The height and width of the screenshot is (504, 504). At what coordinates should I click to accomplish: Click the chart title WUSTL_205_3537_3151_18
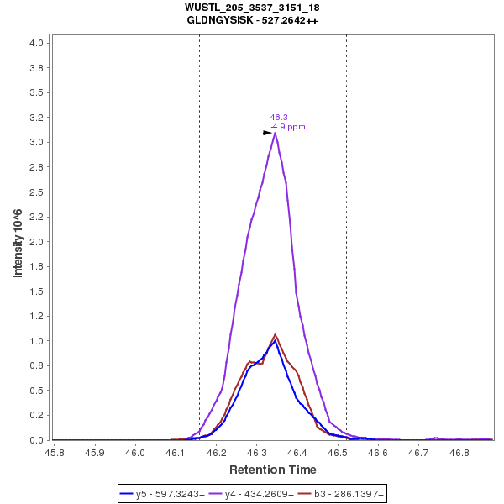(252, 8)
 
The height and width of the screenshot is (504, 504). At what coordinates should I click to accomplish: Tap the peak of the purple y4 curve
(275, 133)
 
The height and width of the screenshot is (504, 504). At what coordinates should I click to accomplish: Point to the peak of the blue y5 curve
(275, 341)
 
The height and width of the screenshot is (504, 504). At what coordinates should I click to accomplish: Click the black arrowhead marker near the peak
(267, 133)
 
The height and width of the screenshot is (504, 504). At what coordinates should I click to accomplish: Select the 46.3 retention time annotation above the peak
(279, 118)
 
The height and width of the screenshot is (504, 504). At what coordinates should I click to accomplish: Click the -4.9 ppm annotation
(288, 127)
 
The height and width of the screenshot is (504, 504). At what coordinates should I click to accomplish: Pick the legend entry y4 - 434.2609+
(256, 495)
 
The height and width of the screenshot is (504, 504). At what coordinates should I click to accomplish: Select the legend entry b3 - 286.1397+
(344, 495)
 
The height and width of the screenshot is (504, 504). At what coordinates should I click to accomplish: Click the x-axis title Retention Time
(273, 470)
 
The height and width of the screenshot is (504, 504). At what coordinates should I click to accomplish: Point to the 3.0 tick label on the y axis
(38, 142)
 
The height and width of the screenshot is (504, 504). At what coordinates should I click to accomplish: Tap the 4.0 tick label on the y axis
(38, 42)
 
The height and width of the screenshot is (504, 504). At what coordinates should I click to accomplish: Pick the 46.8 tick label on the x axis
(459, 452)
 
